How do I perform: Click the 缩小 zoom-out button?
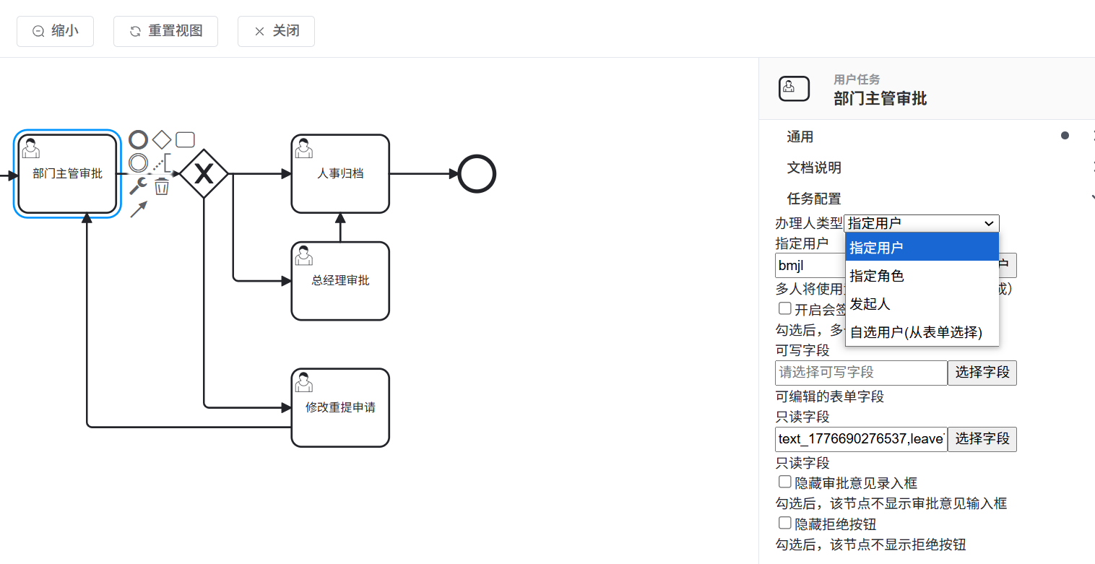pyautogui.click(x=55, y=31)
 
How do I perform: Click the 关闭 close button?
pyautogui.click(x=276, y=31)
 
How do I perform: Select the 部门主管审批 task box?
pyautogui.click(x=67, y=174)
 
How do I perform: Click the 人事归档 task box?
pyautogui.click(x=340, y=174)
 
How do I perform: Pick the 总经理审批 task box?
pyautogui.click(x=340, y=281)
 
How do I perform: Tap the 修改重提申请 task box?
pyautogui.click(x=340, y=408)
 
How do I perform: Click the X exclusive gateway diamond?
pyautogui.click(x=204, y=174)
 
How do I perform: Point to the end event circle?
pyautogui.click(x=477, y=174)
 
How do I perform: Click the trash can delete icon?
pyautogui.click(x=162, y=187)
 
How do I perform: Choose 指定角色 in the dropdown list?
pyautogui.click(x=877, y=276)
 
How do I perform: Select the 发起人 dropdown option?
pyautogui.click(x=870, y=304)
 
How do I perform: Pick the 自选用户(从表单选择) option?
pyautogui.click(x=916, y=332)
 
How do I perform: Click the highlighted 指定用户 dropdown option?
pyautogui.click(x=877, y=248)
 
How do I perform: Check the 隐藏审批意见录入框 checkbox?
pyautogui.click(x=784, y=482)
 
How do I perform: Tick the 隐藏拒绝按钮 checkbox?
pyautogui.click(x=784, y=523)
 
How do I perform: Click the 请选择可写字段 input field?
pyautogui.click(x=861, y=373)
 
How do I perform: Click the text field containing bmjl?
pyautogui.click(x=809, y=266)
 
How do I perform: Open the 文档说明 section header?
pyautogui.click(x=814, y=168)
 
